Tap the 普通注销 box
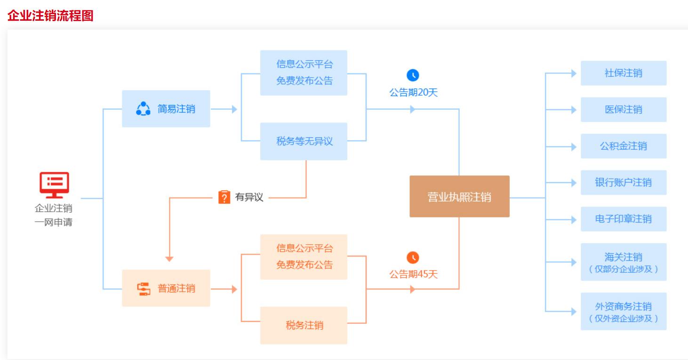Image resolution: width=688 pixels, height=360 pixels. tap(166, 288)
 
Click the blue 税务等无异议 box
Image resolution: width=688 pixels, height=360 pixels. tap(304, 141)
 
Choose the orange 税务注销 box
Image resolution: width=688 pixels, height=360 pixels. tap(304, 325)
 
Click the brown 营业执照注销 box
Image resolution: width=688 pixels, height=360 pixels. tap(459, 197)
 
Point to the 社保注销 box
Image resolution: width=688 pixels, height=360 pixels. tap(623, 73)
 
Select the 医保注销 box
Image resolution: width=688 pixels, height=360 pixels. tap(623, 110)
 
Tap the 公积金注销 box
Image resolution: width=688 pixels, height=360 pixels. tap(623, 146)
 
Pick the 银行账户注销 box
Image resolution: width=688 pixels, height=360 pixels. tap(623, 183)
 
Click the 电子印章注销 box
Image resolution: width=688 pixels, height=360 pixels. tap(623, 219)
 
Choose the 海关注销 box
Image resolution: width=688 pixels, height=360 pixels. tap(623, 262)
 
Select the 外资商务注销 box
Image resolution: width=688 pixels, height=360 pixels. tap(623, 311)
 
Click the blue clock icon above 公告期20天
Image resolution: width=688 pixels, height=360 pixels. tap(413, 75)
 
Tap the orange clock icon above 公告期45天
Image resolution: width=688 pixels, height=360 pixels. tap(413, 257)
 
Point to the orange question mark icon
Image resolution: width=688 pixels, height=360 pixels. tap(224, 197)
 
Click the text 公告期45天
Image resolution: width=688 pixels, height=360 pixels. tap(413, 274)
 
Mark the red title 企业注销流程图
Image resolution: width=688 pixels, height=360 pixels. tap(50, 16)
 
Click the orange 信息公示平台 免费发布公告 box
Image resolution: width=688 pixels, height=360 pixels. tap(304, 256)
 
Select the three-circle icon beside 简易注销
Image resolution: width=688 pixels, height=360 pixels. tap(143, 109)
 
